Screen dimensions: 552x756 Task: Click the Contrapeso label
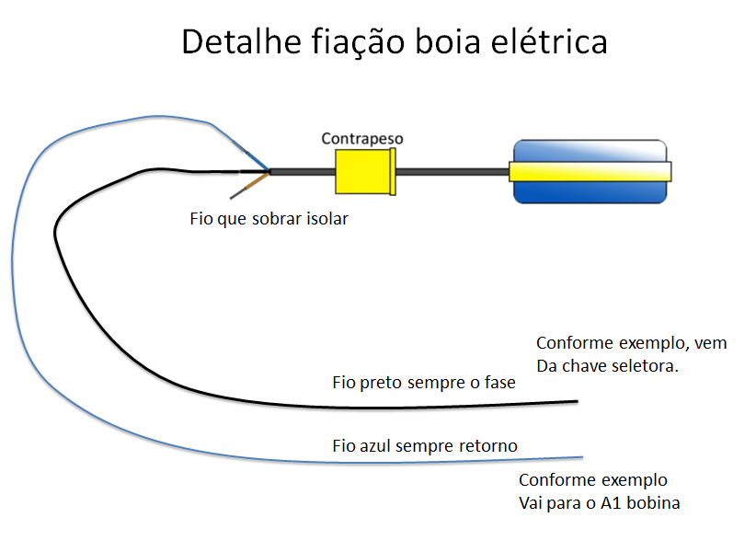[362, 139]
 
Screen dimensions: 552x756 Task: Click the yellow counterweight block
[364, 172]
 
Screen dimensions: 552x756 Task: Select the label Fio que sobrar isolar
[269, 220]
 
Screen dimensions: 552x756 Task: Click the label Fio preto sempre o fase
[423, 382]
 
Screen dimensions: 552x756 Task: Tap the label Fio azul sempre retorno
[424, 446]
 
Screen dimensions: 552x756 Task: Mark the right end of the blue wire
[581, 457]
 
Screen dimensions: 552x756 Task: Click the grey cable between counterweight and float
[451, 171]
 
